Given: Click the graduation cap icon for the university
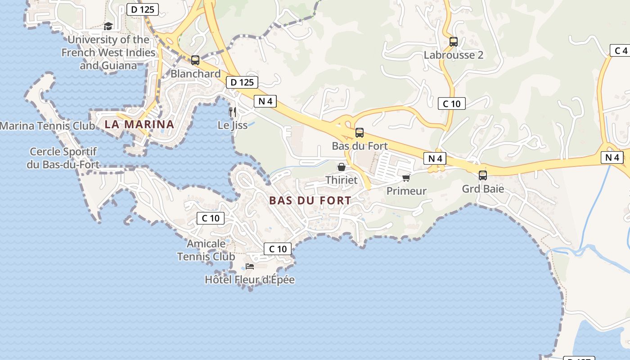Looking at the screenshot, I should pyautogui.click(x=108, y=26).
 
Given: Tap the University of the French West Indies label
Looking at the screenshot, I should pyautogui.click(x=108, y=53).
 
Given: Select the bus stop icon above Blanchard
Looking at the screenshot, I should pyautogui.click(x=195, y=60).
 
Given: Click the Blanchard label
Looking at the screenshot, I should pyautogui.click(x=196, y=74).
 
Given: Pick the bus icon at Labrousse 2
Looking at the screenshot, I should pyautogui.click(x=454, y=42).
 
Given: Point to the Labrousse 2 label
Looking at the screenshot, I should pyautogui.click(x=454, y=55).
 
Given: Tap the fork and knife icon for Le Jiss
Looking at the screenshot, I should pyautogui.click(x=233, y=112).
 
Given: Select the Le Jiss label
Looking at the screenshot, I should pyautogui.click(x=233, y=125).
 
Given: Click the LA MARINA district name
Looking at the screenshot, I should pyautogui.click(x=139, y=125).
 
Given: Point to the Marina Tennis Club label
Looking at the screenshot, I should pyautogui.click(x=48, y=126).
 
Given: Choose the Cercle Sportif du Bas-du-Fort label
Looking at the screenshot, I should pyautogui.click(x=63, y=158).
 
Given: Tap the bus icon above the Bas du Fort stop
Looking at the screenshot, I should pyautogui.click(x=360, y=133).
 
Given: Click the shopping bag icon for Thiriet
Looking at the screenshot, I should pyautogui.click(x=342, y=167).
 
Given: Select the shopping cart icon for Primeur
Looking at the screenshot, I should pyautogui.click(x=406, y=178).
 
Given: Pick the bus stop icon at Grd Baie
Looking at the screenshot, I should pyautogui.click(x=483, y=175).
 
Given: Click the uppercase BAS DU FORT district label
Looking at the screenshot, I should pyautogui.click(x=310, y=201).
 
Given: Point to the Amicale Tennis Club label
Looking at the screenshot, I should pyautogui.click(x=206, y=250).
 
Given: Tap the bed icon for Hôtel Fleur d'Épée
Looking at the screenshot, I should pyautogui.click(x=250, y=266).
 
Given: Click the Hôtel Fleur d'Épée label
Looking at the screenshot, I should pyautogui.click(x=250, y=280).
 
